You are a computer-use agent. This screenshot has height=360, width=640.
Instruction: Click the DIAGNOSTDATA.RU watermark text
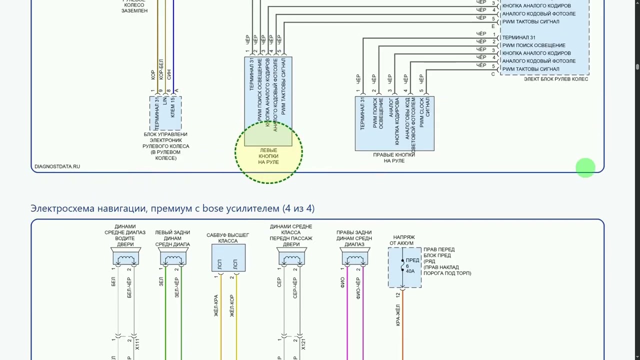point(57,166)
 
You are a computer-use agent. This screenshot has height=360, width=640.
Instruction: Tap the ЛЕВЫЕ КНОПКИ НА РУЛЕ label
point(268,156)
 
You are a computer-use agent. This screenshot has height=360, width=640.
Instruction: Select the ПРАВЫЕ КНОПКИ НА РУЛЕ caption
point(394,157)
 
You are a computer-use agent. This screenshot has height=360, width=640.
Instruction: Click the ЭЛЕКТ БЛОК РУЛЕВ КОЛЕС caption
point(555,79)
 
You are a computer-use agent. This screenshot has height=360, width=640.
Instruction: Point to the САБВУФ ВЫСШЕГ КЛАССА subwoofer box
point(228,258)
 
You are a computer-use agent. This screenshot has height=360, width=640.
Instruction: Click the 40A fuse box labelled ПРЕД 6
point(404,267)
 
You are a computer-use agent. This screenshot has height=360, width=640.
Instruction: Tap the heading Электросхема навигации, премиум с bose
point(172,208)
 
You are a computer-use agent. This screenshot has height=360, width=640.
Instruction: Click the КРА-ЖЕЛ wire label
point(398,316)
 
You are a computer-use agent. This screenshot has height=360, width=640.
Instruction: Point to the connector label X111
point(137,344)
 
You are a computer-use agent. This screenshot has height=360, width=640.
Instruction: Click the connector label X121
point(303,344)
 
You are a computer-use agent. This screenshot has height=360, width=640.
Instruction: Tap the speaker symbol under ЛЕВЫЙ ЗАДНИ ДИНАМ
point(173,258)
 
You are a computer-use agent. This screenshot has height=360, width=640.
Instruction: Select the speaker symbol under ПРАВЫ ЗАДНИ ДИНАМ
point(354,258)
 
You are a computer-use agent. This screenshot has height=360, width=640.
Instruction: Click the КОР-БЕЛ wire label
point(161,69)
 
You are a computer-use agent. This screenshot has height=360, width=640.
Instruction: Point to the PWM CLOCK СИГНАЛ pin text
point(424,113)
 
